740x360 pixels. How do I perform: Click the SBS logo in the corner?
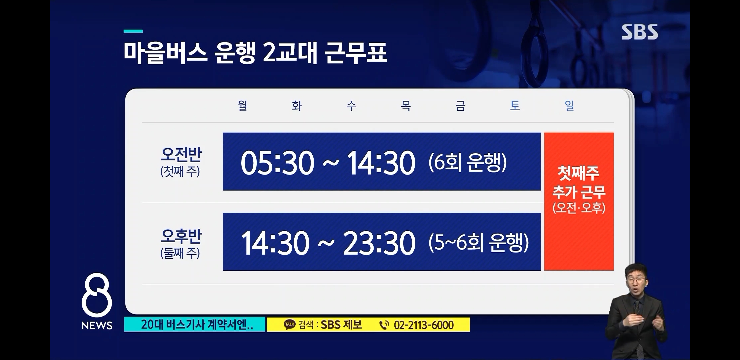[640, 32]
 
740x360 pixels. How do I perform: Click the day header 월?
[242, 106]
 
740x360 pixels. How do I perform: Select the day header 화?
[297, 106]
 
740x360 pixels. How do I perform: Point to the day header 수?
[351, 106]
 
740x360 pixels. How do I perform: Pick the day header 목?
[406, 106]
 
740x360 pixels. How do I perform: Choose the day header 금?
[460, 106]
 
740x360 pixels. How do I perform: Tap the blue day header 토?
[515, 106]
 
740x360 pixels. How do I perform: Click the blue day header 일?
[569, 106]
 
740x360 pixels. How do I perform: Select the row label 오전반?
[181, 154]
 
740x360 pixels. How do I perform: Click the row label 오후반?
[181, 236]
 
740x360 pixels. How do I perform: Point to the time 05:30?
[277, 163]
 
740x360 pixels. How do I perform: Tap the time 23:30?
[379, 243]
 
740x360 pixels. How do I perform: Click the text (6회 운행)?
[468, 163]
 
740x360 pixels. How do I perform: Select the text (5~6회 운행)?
[479, 243]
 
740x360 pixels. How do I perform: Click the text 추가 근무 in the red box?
[579, 192]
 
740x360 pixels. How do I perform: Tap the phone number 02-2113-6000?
[424, 325]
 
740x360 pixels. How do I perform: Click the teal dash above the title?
[133, 31]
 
